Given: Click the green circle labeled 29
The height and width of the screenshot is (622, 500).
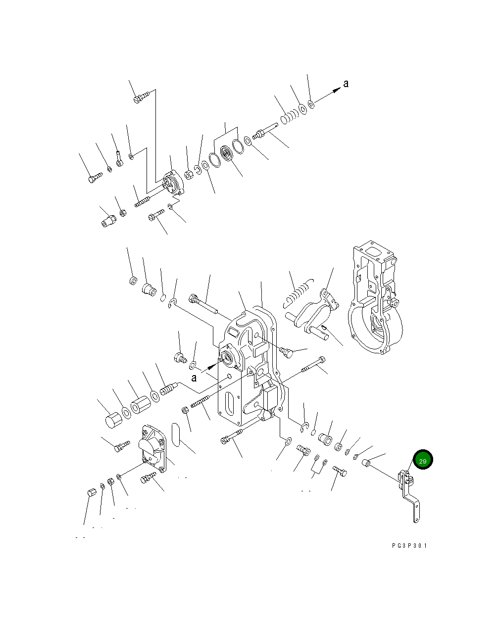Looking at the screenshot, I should click(422, 460).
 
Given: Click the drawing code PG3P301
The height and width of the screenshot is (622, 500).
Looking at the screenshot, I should click(408, 546).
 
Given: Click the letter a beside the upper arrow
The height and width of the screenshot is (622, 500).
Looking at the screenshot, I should click(346, 84).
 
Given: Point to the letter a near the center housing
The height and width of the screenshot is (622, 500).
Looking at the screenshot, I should click(194, 378).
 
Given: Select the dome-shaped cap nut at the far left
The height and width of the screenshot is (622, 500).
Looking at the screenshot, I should click(113, 422).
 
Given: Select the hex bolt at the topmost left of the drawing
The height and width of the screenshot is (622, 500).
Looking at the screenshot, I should click(138, 98).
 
